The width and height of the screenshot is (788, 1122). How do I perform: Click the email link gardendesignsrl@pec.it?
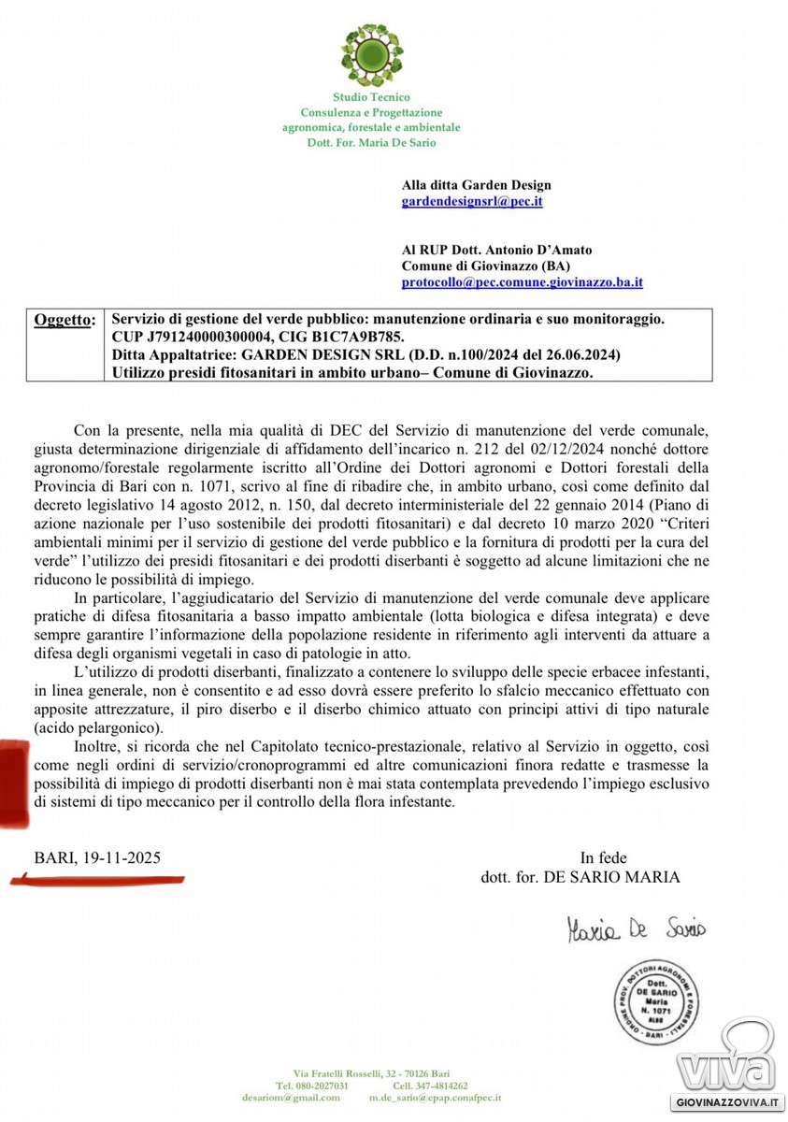(472, 201)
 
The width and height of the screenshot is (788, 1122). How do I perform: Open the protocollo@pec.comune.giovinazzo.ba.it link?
(522, 281)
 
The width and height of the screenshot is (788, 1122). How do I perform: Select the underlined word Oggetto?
(64, 320)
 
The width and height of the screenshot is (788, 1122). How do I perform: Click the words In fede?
(603, 857)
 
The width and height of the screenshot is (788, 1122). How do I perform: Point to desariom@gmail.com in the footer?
(291, 1099)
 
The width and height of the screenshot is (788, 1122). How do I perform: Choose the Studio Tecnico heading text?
(371, 97)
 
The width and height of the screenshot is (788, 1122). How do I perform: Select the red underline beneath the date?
(98, 878)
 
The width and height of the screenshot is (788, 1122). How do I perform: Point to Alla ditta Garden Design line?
(476, 185)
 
